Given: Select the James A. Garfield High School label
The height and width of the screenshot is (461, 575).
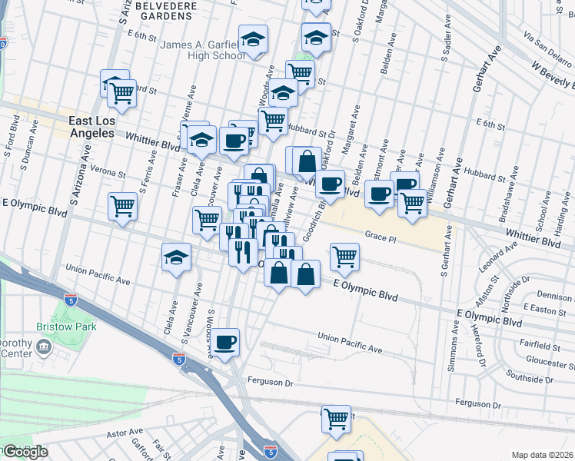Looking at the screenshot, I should point(202,50).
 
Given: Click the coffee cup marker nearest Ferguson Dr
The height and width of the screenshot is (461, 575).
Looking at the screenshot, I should point(225,342).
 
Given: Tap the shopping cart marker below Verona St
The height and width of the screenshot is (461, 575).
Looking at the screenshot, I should point(123,206).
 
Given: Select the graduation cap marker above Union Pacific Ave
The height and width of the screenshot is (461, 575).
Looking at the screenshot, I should point(177,256).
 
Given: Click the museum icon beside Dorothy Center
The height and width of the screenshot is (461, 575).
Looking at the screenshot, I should point(43,348).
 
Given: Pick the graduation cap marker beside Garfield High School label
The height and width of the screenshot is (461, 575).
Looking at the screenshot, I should point(252,39).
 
